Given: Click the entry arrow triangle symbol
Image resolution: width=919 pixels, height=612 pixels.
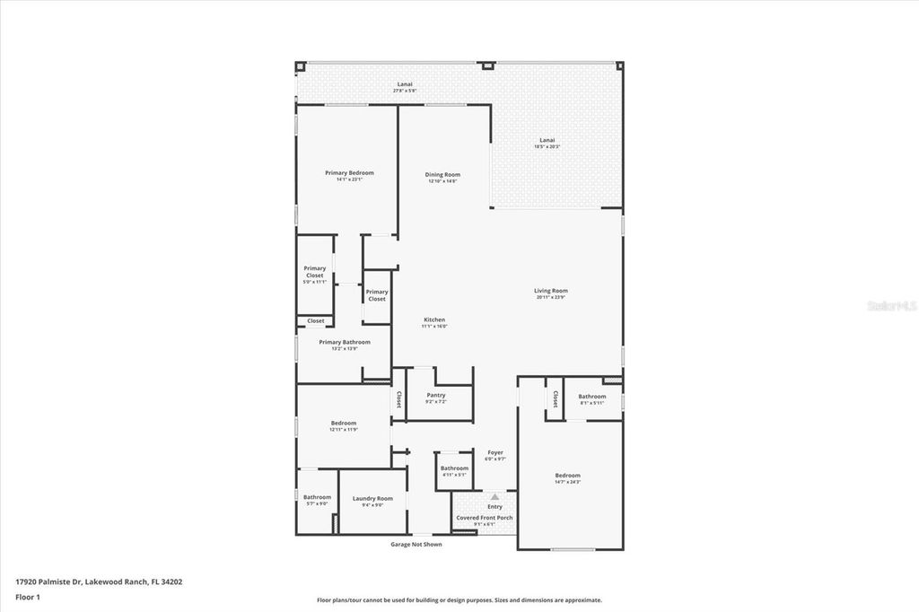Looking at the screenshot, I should coord(494,496).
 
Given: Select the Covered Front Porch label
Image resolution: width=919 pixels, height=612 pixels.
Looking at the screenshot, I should coord(485,518).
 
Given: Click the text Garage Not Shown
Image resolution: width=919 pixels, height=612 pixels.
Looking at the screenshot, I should coord(416,544).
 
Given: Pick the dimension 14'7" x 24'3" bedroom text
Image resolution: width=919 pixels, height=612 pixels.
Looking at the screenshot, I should coord(567,483).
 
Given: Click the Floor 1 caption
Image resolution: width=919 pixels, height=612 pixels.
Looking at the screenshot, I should coord(27,596).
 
